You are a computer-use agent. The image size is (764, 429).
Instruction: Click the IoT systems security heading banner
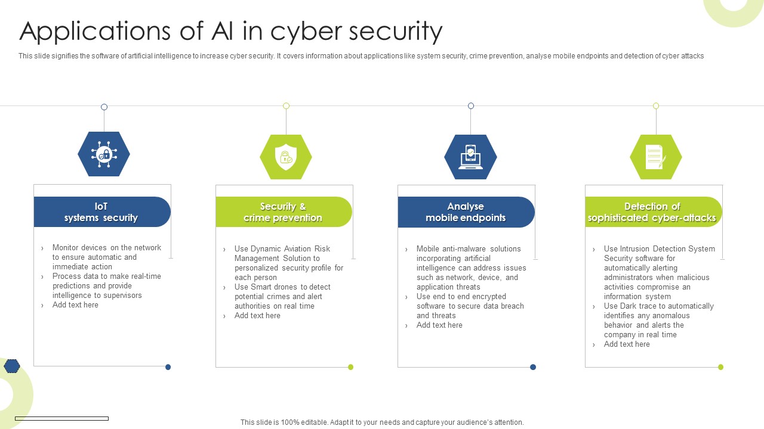(x=102, y=212)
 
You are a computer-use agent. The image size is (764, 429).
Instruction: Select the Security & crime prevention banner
(x=284, y=212)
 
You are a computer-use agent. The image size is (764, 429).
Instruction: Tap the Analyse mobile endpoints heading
(x=466, y=212)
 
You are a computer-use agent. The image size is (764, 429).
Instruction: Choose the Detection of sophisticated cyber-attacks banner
(x=654, y=212)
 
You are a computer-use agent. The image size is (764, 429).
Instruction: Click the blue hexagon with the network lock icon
(x=104, y=154)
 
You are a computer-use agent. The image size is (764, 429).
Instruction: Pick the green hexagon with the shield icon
(x=286, y=157)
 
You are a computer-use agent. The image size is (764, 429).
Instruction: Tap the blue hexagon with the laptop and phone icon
(x=470, y=157)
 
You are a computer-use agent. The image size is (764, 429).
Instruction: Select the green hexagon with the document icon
(x=656, y=157)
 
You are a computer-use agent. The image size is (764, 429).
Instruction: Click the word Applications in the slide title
(x=95, y=32)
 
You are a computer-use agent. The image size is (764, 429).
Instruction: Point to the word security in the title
(x=396, y=32)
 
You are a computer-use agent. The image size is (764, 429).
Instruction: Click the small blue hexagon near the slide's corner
(x=12, y=366)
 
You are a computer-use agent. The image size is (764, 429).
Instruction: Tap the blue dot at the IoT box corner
(x=168, y=367)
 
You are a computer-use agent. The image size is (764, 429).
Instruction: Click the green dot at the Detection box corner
(x=720, y=367)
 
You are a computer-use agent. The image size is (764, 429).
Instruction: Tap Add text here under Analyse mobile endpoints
(x=439, y=325)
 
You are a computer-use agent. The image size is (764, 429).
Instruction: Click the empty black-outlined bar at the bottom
(x=61, y=418)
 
